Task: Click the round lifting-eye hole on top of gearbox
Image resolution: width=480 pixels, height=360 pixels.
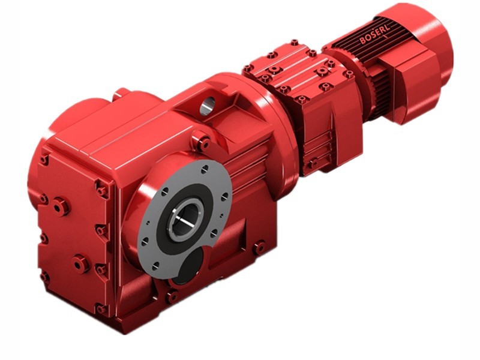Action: tap(208, 106)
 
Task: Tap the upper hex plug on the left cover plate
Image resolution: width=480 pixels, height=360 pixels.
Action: tap(61, 206)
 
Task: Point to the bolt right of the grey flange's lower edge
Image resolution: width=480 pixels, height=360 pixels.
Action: tap(259, 247)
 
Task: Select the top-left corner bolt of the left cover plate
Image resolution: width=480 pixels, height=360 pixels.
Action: tap(44, 160)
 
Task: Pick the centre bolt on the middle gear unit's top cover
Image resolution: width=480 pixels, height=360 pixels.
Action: tap(275, 70)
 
